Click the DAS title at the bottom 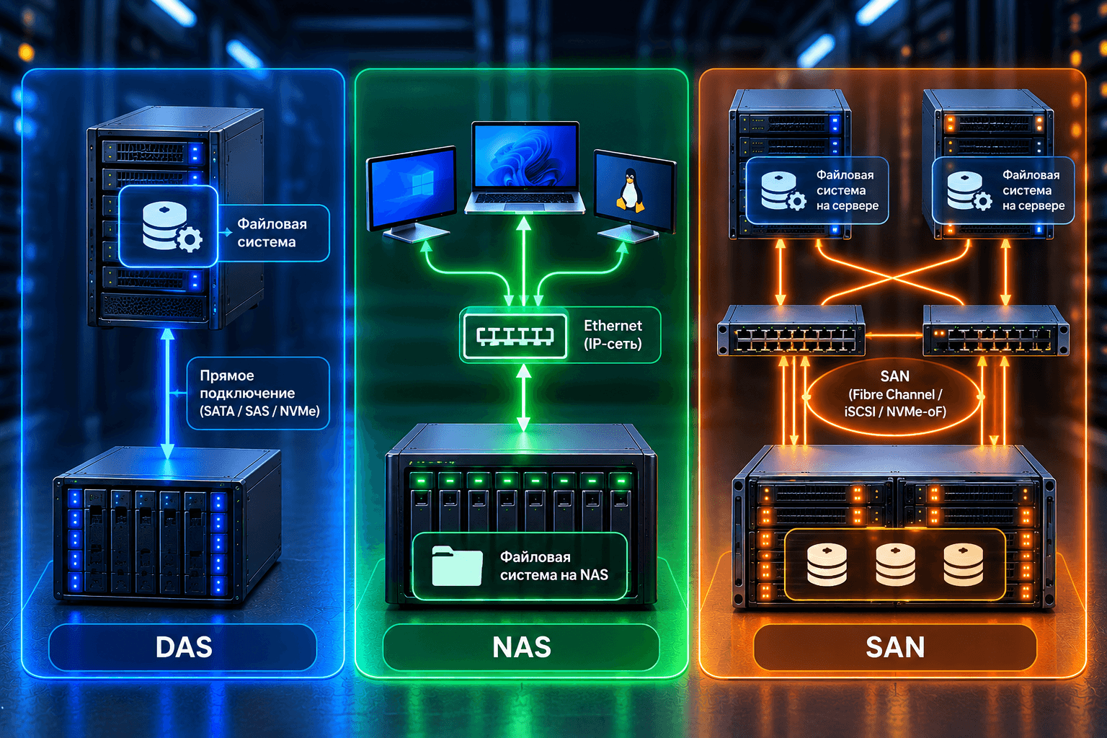pyautogui.click(x=184, y=647)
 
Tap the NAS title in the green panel pyautogui.click(x=521, y=647)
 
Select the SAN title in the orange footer pyautogui.click(x=895, y=647)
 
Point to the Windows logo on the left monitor pyautogui.click(x=422, y=184)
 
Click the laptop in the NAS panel pyautogui.click(x=525, y=168)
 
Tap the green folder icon pyautogui.click(x=457, y=566)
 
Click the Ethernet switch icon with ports pyautogui.click(x=514, y=336)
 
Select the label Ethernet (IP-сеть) pyautogui.click(x=613, y=334)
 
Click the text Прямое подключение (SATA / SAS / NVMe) pyautogui.click(x=259, y=394)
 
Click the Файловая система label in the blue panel pyautogui.click(x=272, y=233)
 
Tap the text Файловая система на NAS pyautogui.click(x=554, y=566)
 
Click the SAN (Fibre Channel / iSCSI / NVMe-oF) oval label pyautogui.click(x=895, y=394)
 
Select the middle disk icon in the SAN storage pyautogui.click(x=895, y=564)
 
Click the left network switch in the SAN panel pyautogui.click(x=791, y=330)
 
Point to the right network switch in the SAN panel pyautogui.click(x=996, y=330)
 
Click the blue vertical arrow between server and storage pyautogui.click(x=167, y=394)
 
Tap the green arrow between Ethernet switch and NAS pyautogui.click(x=523, y=398)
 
